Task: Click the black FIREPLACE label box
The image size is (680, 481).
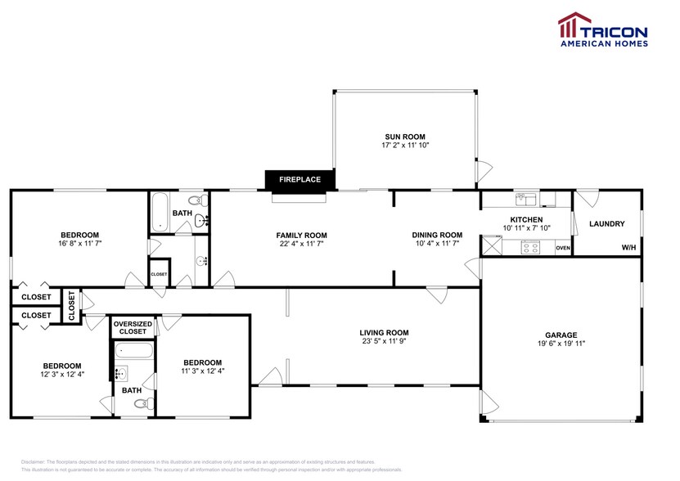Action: click(299, 179)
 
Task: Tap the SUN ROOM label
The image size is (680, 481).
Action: click(405, 137)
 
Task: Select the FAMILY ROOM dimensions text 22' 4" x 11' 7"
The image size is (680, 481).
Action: click(301, 244)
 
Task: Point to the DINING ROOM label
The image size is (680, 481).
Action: click(437, 235)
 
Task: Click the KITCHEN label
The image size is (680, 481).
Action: click(526, 219)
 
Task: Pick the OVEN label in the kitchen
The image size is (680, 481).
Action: click(562, 248)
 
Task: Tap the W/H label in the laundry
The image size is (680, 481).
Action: click(628, 248)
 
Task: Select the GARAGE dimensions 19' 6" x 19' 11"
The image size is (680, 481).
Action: click(561, 344)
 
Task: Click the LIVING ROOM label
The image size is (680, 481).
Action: click(384, 332)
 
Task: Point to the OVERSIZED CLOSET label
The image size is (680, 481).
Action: click(133, 328)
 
